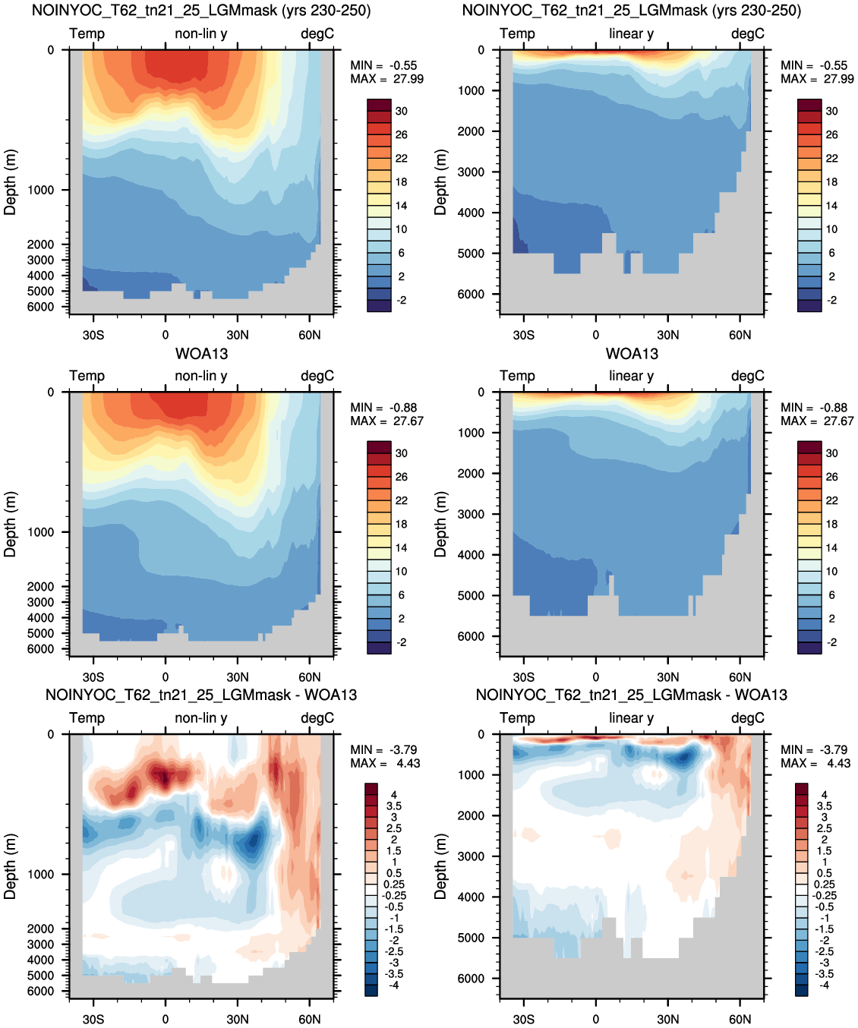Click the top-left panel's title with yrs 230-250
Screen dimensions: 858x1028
click(x=201, y=10)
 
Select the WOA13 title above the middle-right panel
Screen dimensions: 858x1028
click(x=632, y=353)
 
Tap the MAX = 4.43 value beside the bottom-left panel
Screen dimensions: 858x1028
click(x=385, y=763)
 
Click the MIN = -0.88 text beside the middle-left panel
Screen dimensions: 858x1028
click(x=383, y=407)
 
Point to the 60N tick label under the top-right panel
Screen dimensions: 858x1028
click(x=740, y=335)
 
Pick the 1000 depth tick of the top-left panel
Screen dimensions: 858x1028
click(x=40, y=190)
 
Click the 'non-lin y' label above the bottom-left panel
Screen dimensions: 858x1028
click(x=201, y=717)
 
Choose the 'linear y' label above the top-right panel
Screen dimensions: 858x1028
click(x=632, y=33)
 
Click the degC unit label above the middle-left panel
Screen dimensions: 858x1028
click(x=317, y=376)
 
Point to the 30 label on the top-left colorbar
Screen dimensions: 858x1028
click(x=402, y=111)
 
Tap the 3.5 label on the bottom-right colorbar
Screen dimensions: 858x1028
click(x=824, y=806)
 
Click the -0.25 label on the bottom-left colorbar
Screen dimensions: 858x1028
click(x=393, y=895)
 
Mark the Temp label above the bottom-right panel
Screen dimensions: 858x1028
click(x=517, y=717)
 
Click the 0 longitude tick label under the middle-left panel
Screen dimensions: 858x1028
click(x=166, y=677)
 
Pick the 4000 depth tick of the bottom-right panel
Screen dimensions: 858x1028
click(x=471, y=897)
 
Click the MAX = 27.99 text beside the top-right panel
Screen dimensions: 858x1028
click(x=817, y=79)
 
